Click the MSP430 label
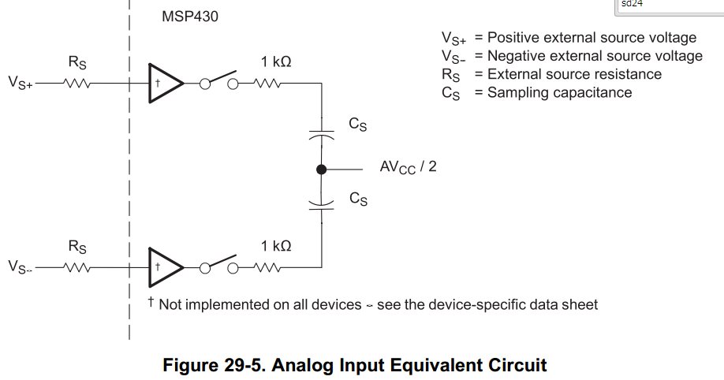click(x=189, y=16)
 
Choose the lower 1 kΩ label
click(x=276, y=246)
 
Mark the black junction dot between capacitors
click(x=321, y=169)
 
